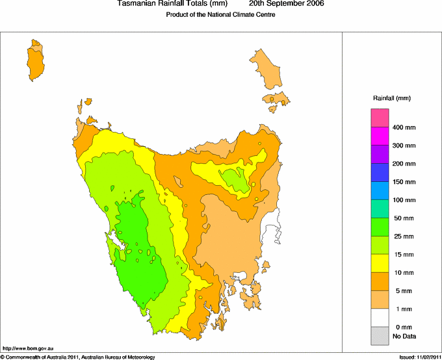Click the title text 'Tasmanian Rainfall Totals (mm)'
pos(172,4)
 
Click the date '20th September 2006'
pos(287,4)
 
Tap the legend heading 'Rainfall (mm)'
pos(391,98)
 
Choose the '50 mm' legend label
pos(404,218)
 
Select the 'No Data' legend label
pos(404,336)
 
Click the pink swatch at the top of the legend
pos(380,118)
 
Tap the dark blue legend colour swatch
pos(380,172)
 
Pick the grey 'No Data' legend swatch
pos(380,335)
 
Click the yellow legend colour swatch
pos(380,263)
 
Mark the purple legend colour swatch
pos(380,154)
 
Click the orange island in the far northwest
pos(36,60)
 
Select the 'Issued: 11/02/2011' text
pos(420,357)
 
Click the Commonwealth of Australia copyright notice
pos(78,357)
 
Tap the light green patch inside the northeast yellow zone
pos(232,179)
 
